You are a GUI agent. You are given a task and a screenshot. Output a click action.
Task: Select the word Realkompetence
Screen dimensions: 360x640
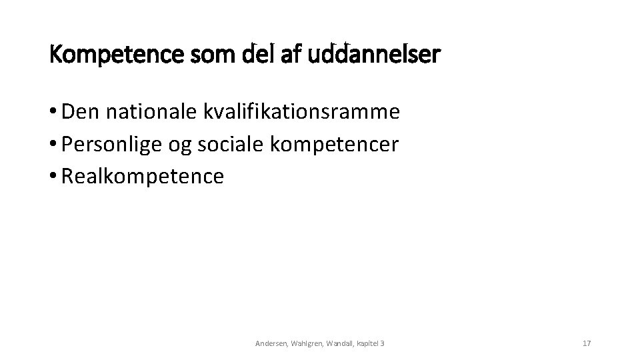pos(143,177)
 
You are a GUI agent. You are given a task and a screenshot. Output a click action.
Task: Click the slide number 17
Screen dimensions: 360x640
pos(587,343)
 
